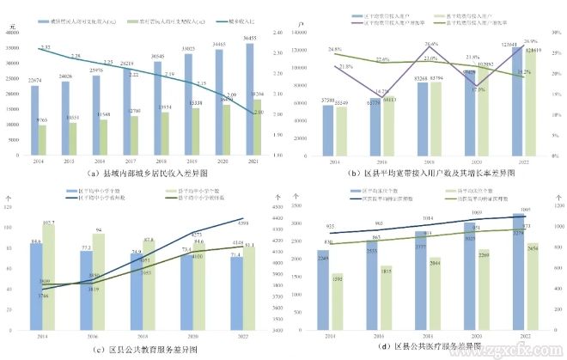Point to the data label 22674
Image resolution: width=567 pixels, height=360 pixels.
click(34, 80)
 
